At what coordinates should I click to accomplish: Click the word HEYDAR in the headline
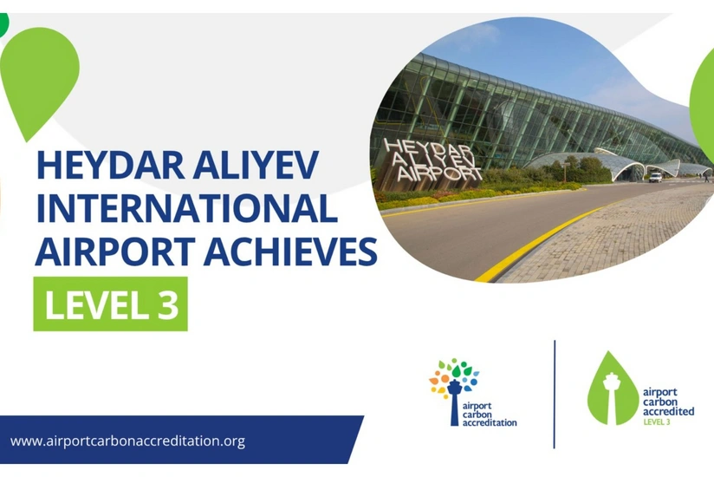click(110, 165)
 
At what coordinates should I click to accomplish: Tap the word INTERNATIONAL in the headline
click(186, 208)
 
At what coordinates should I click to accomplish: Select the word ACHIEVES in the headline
click(290, 251)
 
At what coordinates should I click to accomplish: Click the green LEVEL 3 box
click(111, 304)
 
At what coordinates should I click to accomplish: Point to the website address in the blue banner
click(127, 441)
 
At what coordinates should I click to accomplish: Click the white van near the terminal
click(655, 177)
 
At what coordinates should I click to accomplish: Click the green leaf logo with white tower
click(612, 389)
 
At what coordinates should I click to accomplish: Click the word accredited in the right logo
click(668, 411)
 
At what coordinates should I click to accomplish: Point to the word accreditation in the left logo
click(490, 422)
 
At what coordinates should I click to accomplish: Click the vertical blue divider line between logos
click(555, 394)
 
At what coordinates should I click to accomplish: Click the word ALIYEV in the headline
click(255, 165)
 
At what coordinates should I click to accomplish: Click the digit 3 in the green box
click(167, 304)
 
